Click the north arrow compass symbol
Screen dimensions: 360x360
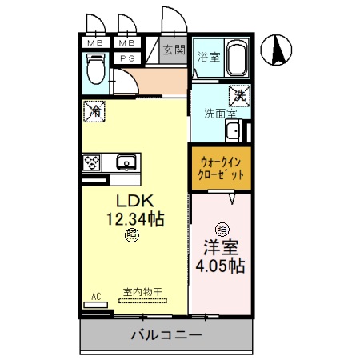(279, 52)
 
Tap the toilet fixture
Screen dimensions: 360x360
(94, 70)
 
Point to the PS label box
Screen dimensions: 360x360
(126, 58)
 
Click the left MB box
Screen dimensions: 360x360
(94, 43)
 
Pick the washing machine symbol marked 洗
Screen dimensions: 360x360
(238, 95)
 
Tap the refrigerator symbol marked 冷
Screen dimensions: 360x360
(94, 112)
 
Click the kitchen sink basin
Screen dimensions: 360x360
(126, 163)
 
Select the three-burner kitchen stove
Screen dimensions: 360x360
(93, 163)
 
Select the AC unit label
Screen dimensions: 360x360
(95, 297)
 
